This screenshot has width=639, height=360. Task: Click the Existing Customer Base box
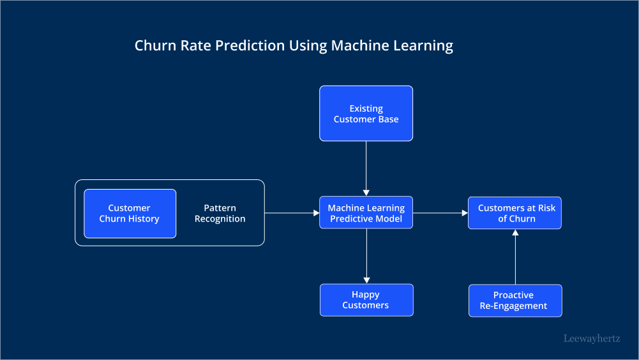pos(366,114)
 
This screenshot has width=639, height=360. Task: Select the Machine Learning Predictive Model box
pos(366,213)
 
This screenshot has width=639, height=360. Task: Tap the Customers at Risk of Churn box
pos(515,213)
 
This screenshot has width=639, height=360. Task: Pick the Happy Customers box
pos(366,300)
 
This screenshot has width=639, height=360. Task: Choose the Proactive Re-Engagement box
pos(515,301)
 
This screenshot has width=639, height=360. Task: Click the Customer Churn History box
pos(130,213)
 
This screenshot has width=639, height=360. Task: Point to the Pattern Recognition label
pos(220,213)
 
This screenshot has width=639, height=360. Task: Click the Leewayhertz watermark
pos(592,339)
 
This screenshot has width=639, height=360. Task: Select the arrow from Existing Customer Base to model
pos(366,168)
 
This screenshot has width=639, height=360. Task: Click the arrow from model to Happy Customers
pos(366,256)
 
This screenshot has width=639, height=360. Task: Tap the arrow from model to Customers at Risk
pos(440,213)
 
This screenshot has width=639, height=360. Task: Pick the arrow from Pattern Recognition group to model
pos(292,213)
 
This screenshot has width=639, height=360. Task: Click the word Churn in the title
pos(153,46)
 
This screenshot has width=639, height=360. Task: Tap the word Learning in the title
pos(424,46)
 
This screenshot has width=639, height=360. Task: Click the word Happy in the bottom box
pos(365,295)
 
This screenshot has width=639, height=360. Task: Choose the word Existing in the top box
pos(366,109)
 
